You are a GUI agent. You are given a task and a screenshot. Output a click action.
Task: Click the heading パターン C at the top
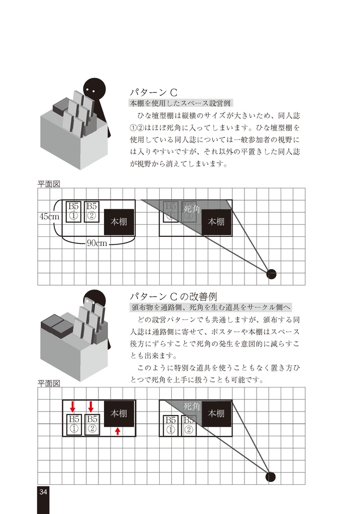pyautogui.click(x=154, y=92)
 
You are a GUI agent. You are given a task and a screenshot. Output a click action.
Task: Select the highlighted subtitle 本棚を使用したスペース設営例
pyautogui.click(x=180, y=103)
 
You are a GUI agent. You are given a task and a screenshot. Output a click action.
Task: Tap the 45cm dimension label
pyautogui.click(x=49, y=217)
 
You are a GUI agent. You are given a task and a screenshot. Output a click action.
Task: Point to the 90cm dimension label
pyautogui.click(x=97, y=243)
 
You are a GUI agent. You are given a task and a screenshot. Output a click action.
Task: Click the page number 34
pyautogui.click(x=43, y=492)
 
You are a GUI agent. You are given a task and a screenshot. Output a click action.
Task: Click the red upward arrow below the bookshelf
pyautogui.click(x=117, y=430)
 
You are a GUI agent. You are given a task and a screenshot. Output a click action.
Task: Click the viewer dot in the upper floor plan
pyautogui.click(x=271, y=274)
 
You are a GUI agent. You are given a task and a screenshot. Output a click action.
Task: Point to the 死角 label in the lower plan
pyautogui.click(x=192, y=406)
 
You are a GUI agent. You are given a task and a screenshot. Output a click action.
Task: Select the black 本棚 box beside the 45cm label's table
pyautogui.click(x=119, y=222)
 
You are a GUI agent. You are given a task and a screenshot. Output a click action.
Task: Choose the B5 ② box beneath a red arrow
pyautogui.click(x=92, y=424)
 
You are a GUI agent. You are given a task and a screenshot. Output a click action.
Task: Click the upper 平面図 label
pyautogui.click(x=49, y=184)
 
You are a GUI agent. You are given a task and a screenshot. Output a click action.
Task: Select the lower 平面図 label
pyautogui.click(x=49, y=383)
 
